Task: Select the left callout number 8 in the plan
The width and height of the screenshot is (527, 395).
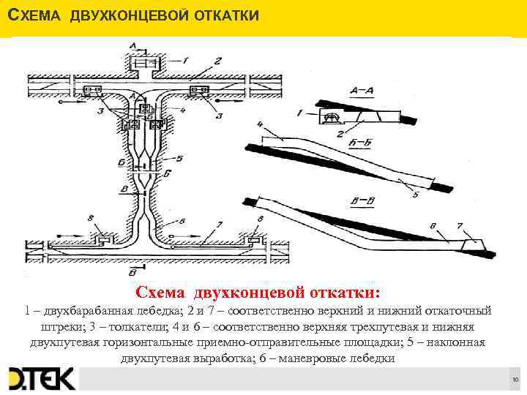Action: (x=89, y=217)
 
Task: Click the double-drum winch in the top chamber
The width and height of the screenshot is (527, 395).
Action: (x=144, y=65)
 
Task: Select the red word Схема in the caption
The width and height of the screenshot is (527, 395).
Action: (x=162, y=293)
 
